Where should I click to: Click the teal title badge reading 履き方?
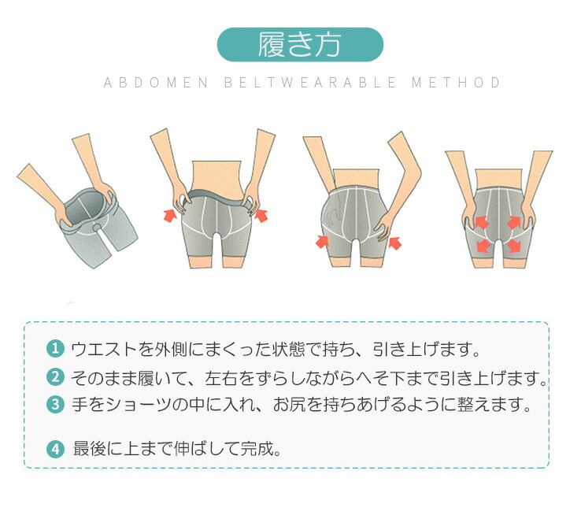[300, 44]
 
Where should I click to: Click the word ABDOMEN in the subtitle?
[156, 82]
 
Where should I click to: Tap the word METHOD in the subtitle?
[456, 82]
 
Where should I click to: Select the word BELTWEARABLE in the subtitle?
[310, 82]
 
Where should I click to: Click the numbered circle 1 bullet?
[55, 349]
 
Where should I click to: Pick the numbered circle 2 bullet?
[55, 377]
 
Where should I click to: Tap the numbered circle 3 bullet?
[55, 404]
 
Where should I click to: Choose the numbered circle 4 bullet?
[55, 449]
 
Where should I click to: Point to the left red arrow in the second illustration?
[170, 215]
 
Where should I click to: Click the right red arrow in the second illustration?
[261, 215]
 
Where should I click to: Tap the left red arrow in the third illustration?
[322, 241]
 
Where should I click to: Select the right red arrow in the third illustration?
[395, 243]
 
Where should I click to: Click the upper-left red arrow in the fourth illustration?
[481, 222]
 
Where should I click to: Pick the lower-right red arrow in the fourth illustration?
[514, 246]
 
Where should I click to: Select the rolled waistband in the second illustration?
[216, 196]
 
